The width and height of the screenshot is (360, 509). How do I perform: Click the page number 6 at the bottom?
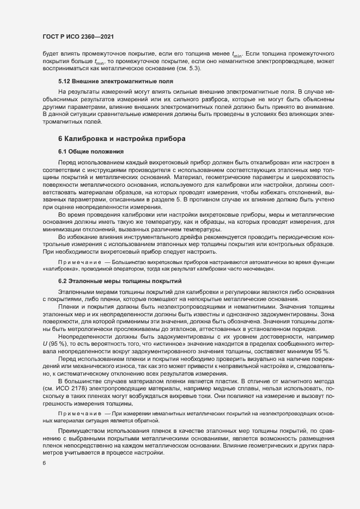tap(44, 463)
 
